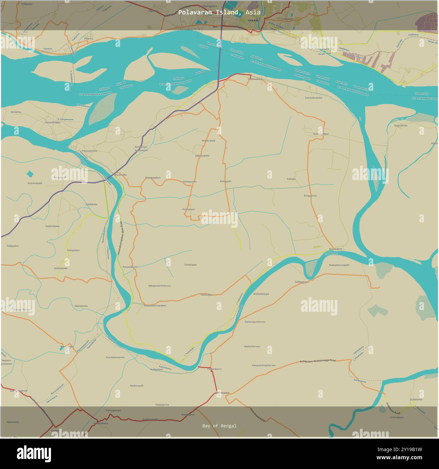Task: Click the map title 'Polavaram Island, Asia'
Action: pos(219,12)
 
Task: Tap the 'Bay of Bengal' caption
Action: pos(219,426)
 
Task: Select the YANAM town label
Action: pos(252,20)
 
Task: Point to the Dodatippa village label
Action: pos(190,265)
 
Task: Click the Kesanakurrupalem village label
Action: pos(155,305)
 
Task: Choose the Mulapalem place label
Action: pos(335,249)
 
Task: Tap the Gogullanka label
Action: pos(401,126)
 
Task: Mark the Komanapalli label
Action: pos(35,183)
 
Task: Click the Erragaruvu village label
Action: pos(310,196)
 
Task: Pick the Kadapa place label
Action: pos(291,179)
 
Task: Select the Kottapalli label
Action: pos(226,181)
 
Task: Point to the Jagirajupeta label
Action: pos(202,156)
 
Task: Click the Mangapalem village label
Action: pos(153,177)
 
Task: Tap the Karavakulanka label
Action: pos(314,98)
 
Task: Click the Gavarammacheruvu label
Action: pos(264,365)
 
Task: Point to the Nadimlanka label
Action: pos(52,226)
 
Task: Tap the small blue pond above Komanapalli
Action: pos(30,174)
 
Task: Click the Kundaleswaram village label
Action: pos(115,357)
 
